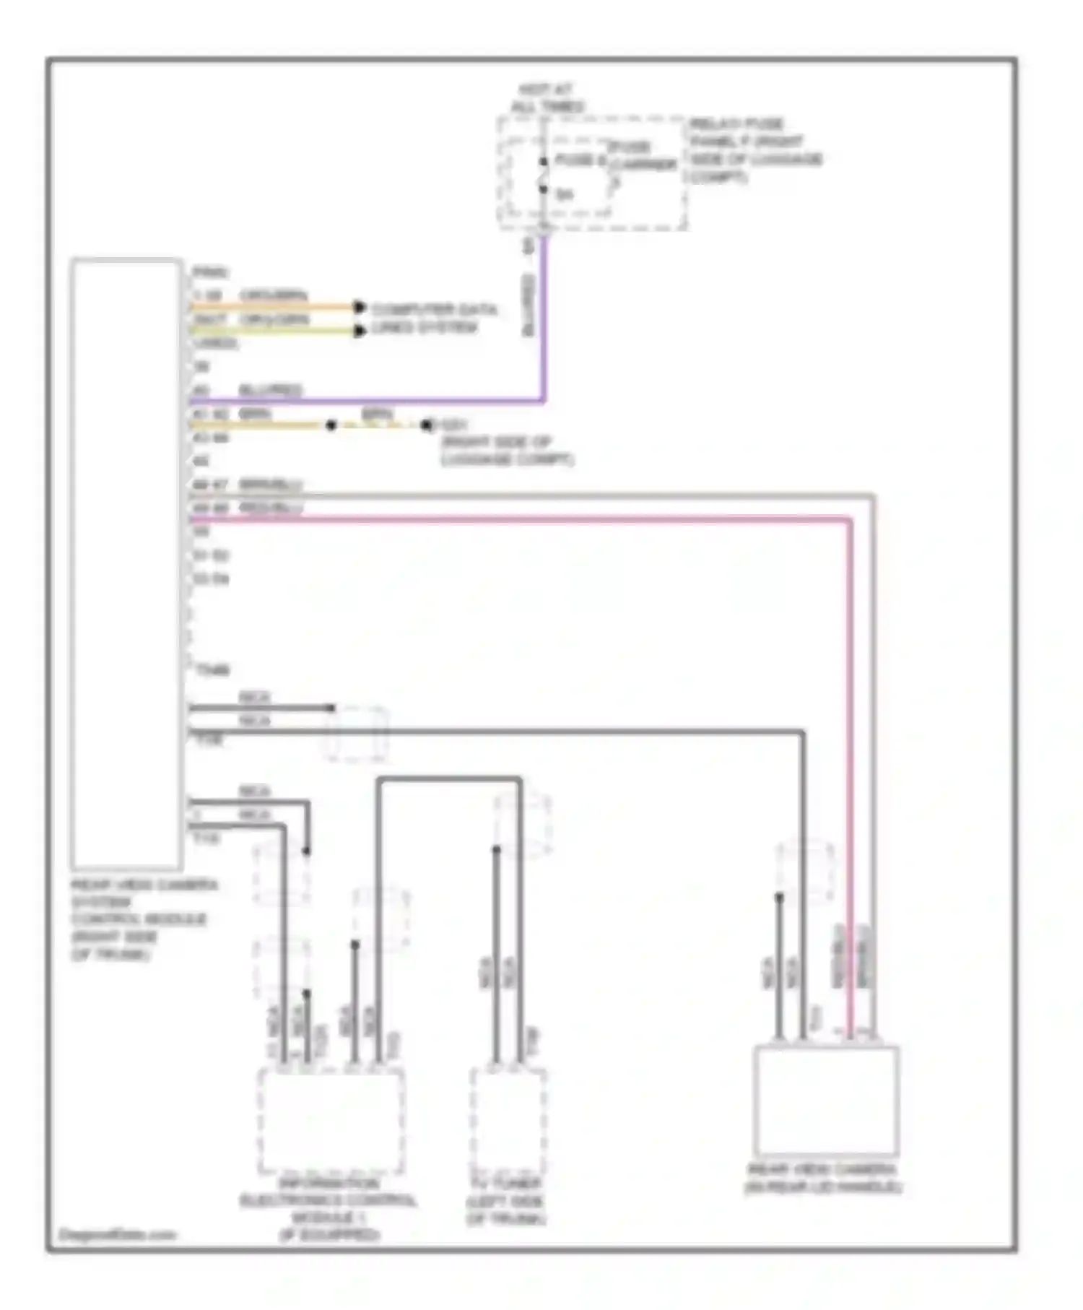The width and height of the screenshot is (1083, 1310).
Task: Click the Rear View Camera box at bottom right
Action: tap(826, 1101)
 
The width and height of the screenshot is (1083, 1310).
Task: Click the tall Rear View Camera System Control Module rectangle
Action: tap(126, 563)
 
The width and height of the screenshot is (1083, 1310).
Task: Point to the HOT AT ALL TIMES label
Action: tap(547, 98)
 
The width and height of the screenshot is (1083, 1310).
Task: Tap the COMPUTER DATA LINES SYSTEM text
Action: tap(433, 318)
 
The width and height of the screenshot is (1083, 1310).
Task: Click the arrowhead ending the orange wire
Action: tap(360, 308)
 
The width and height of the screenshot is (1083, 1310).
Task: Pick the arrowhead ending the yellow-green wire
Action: tap(360, 331)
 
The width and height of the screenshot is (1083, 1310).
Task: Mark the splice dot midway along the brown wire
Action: tap(331, 425)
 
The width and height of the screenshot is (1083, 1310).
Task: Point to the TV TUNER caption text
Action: tap(505, 1202)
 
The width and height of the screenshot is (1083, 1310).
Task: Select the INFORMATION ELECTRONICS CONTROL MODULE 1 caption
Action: tap(329, 1209)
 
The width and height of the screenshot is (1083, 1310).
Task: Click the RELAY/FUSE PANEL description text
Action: tap(754, 150)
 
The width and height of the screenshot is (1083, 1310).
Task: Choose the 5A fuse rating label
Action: tap(564, 194)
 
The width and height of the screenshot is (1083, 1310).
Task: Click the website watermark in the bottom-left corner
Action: tap(116, 1234)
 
